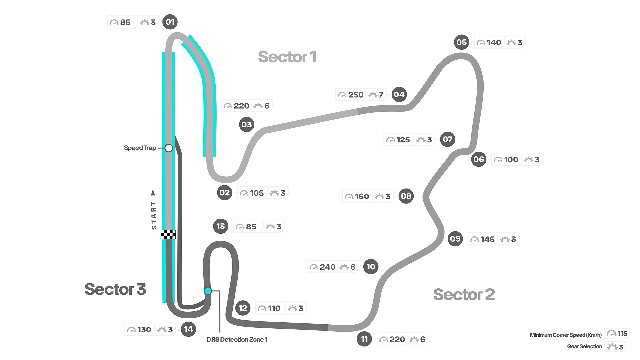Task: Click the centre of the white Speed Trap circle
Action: tap(169, 148)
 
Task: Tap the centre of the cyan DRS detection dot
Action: tap(208, 291)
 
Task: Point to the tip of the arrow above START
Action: tap(153, 190)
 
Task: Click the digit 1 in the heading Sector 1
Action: tap(313, 57)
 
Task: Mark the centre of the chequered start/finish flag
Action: tap(168, 235)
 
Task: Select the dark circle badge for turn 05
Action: tap(462, 42)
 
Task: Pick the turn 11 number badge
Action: tap(364, 339)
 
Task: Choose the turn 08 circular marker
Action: tap(406, 196)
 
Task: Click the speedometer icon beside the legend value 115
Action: tap(611, 333)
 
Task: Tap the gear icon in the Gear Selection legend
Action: tap(612, 347)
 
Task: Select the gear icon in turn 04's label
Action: tap(373, 95)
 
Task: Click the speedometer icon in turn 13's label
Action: tap(240, 227)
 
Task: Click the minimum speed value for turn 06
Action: tap(511, 160)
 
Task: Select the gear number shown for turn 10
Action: tap(353, 267)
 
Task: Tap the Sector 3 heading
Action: tap(115, 289)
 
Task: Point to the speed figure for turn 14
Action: tap(144, 330)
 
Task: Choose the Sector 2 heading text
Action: tap(464, 295)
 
